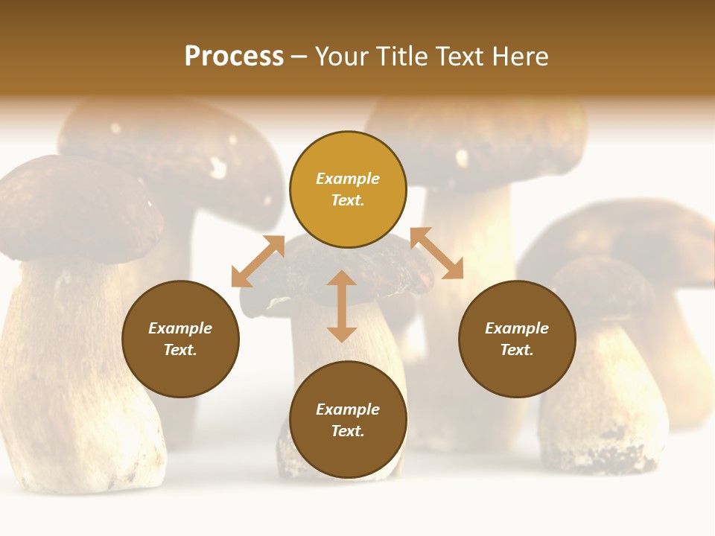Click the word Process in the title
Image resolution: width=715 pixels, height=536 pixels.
coord(234,57)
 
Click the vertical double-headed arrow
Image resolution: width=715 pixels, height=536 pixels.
coord(342,307)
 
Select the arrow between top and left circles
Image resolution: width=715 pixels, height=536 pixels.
coord(258,261)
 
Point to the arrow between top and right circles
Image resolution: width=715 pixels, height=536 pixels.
coord(436,253)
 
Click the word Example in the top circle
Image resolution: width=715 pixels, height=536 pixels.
coord(348,179)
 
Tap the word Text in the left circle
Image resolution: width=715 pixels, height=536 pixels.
coord(180,350)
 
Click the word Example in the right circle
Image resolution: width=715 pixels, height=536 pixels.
coord(517,328)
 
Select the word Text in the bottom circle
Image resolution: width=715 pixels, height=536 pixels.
coord(348,431)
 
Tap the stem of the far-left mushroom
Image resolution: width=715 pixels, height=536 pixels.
coord(67,372)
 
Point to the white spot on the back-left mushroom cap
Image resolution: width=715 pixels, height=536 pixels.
coord(217,167)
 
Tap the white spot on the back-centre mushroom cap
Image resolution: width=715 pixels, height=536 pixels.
coord(462,158)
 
